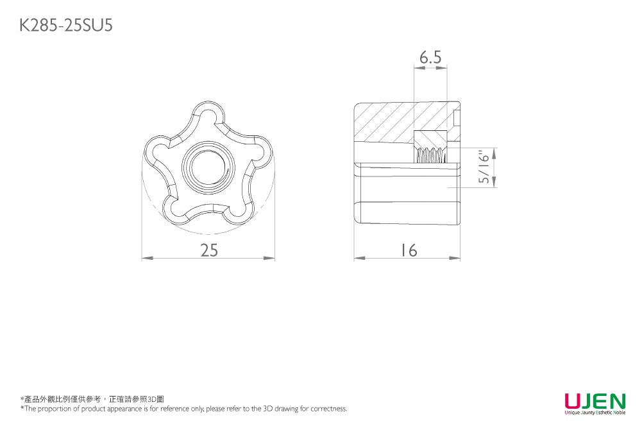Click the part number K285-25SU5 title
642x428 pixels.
66,26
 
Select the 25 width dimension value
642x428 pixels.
209,250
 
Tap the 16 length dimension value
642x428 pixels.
408,250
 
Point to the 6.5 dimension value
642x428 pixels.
430,57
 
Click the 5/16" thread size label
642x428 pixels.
484,168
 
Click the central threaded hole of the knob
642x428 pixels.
209,167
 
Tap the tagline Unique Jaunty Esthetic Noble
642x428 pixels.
595,413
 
